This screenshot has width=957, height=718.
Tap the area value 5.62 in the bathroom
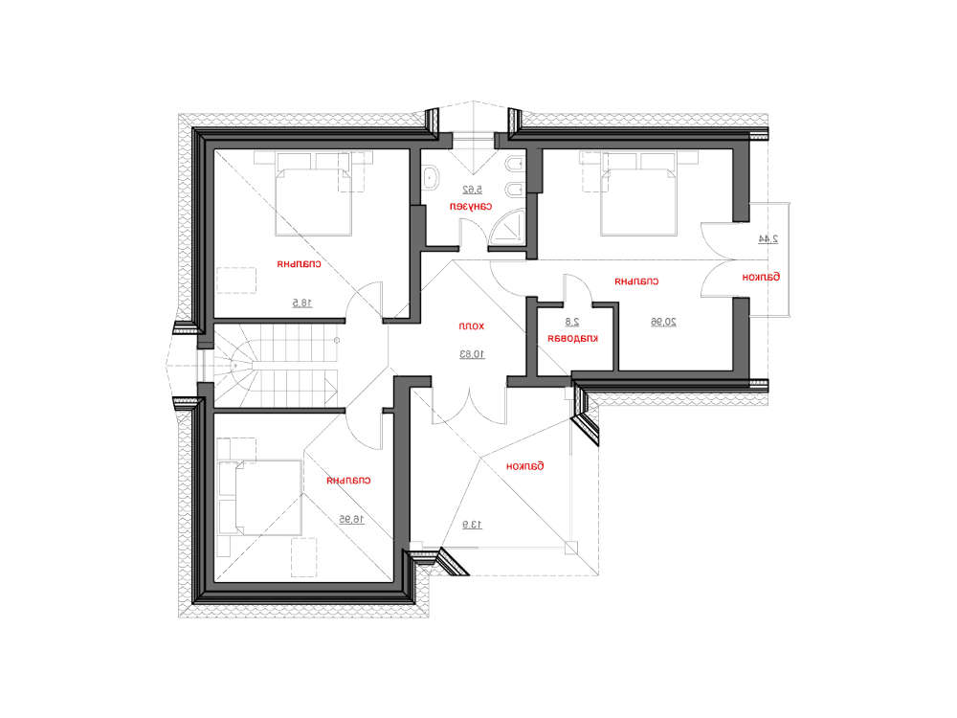coord(471,190)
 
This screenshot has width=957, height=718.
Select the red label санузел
coord(471,206)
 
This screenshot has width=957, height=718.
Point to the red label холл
coord(472,326)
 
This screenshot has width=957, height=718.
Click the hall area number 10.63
coord(472,354)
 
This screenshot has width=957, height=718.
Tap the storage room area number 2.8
coord(572,322)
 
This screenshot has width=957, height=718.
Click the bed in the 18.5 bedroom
coord(314,196)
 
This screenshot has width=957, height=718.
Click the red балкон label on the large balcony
coord(524,465)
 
